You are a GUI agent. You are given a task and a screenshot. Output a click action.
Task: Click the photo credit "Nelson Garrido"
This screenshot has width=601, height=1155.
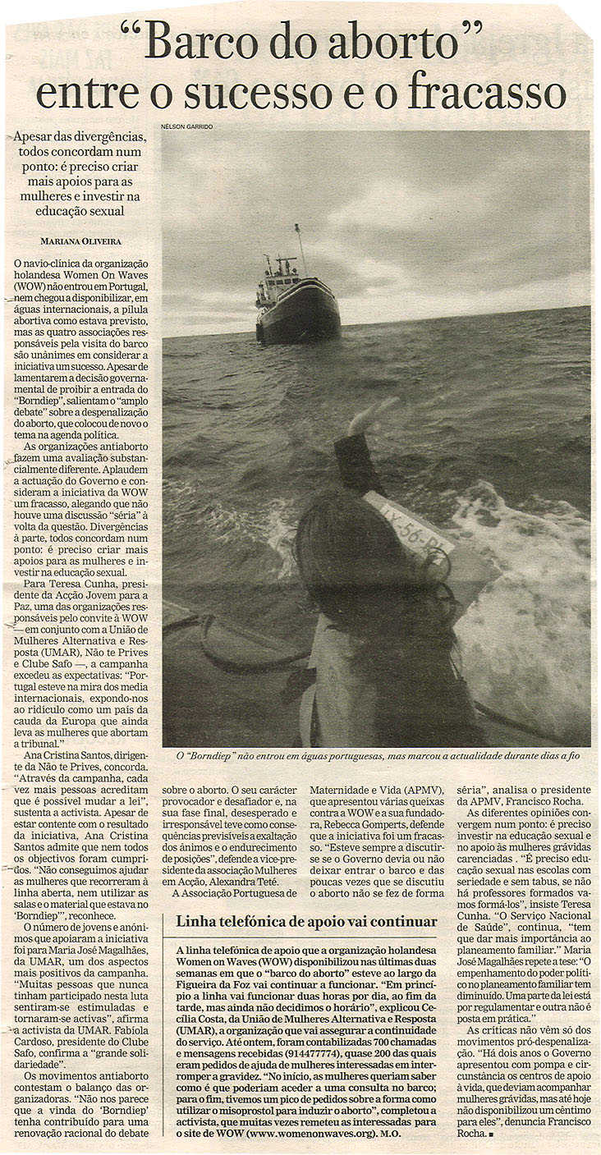point(187,126)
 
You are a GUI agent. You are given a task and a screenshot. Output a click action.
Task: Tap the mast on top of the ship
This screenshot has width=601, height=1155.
point(300,246)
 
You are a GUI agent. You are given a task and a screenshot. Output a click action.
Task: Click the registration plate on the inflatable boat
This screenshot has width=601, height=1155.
point(408,526)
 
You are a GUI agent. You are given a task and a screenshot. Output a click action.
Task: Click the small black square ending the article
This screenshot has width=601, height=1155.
point(489,1134)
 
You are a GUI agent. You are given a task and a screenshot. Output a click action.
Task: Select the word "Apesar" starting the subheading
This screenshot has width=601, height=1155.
point(36,136)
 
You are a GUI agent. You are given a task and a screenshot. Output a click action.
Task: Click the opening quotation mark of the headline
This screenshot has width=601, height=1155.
point(131,30)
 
